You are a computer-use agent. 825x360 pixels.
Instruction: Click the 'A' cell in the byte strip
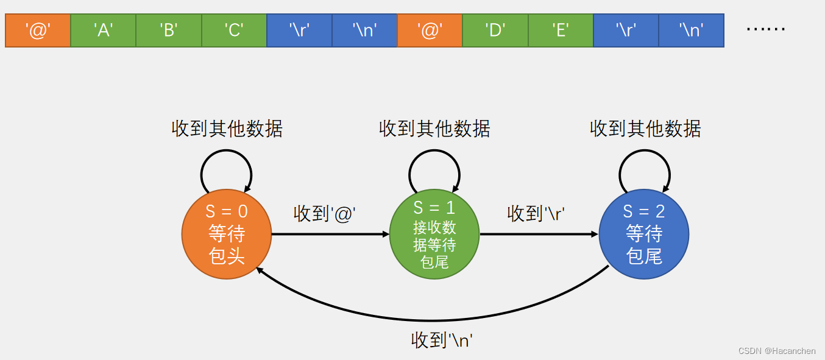point(104,30)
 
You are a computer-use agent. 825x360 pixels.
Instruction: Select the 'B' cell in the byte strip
point(169,30)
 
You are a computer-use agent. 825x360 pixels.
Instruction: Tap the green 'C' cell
point(234,30)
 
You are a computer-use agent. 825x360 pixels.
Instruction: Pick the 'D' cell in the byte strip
point(495,30)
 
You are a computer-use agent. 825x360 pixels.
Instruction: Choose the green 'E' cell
point(561,30)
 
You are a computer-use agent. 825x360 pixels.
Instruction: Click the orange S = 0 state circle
point(227,235)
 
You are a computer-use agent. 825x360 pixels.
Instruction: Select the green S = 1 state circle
point(434,235)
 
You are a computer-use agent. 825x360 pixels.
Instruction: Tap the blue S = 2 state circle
point(644,235)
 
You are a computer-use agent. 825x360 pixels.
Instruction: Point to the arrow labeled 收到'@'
point(330,234)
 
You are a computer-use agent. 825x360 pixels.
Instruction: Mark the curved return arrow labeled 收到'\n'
point(432,320)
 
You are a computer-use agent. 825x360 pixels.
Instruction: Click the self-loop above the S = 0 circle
point(227,160)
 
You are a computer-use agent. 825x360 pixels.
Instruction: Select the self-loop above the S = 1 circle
point(434,160)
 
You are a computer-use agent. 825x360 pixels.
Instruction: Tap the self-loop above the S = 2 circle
point(645,160)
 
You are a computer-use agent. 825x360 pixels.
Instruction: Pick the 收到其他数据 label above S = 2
point(645,129)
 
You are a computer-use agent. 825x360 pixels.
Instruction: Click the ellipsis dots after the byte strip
point(766,30)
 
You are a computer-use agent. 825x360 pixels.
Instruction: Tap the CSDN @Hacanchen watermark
point(777,351)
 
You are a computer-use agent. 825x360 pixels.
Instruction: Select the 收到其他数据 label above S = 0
point(227,129)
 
